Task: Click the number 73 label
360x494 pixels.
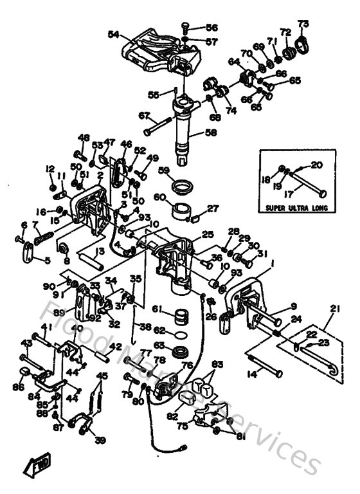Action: tap(303, 24)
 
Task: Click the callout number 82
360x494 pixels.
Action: tap(172, 417)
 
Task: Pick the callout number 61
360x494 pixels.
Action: tap(157, 309)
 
